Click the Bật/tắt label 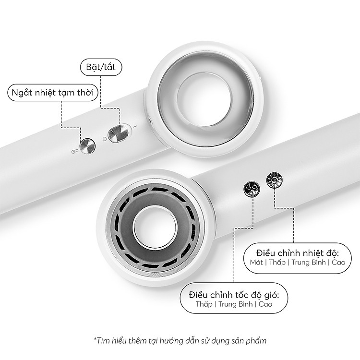coord(101,67)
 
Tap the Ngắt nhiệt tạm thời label coord(53,93)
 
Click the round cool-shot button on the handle coord(87,146)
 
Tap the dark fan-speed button coord(252,189)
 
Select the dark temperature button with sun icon coord(275,180)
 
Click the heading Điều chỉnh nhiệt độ coord(298,253)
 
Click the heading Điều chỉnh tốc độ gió coord(234,295)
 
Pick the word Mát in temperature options coord(256,262)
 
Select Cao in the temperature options coord(338,262)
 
